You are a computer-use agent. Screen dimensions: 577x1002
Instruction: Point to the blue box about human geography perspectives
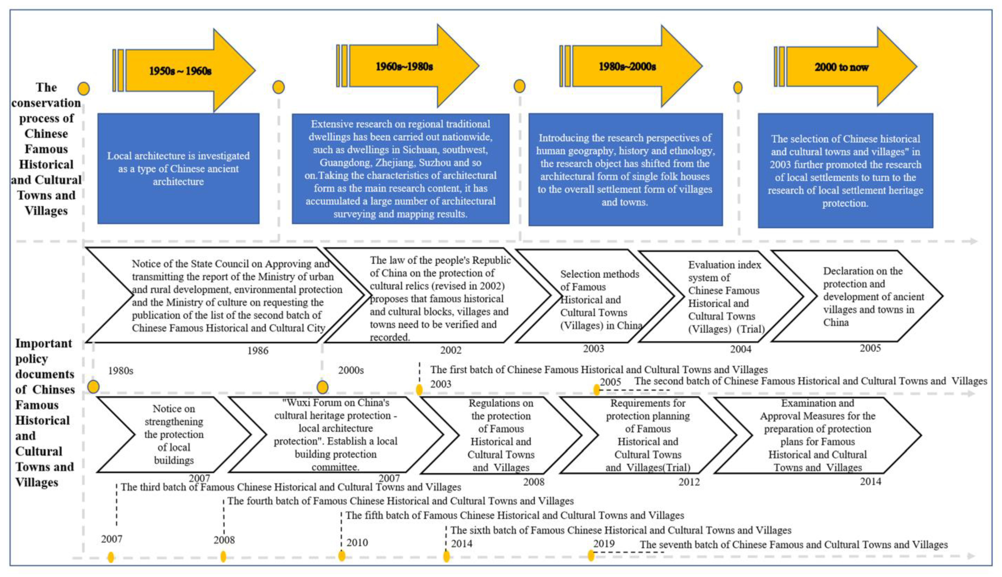click(x=625, y=170)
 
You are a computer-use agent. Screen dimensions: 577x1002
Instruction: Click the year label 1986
click(x=258, y=351)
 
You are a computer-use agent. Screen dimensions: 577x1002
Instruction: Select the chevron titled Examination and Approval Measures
click(x=817, y=435)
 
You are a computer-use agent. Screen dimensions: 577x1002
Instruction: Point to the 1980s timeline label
click(x=121, y=371)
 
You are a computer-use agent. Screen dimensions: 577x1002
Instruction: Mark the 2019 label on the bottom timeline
click(x=604, y=544)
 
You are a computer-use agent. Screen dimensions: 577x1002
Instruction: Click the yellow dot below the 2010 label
click(x=342, y=556)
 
